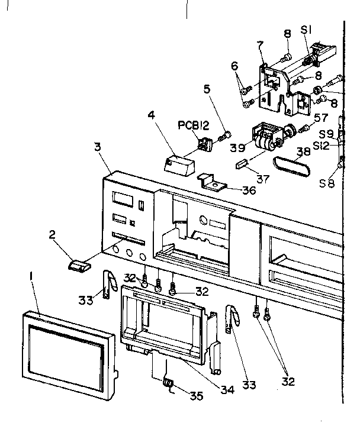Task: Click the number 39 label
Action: (x=239, y=147)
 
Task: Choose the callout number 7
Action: (x=259, y=45)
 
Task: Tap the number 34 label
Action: (x=227, y=390)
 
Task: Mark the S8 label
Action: (x=326, y=183)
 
